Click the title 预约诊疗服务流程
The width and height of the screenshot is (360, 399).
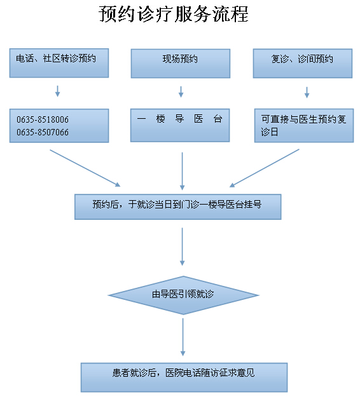pyautogui.click(x=174, y=14)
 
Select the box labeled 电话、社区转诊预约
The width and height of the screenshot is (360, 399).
pyautogui.click(x=59, y=63)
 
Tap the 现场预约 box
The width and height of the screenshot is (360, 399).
pyautogui.click(x=181, y=64)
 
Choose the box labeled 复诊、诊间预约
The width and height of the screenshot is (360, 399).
pyautogui.click(x=303, y=64)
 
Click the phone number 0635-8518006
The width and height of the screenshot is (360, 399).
pyautogui.click(x=43, y=119)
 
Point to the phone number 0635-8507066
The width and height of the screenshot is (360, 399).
pyautogui.click(x=43, y=132)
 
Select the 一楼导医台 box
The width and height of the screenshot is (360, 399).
pyautogui.click(x=180, y=125)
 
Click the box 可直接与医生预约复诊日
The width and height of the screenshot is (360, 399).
pyautogui.click(x=304, y=125)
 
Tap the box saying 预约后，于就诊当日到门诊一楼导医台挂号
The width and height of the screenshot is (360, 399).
pyautogui.click(x=178, y=207)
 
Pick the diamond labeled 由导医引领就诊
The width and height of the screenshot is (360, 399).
pyautogui.click(x=183, y=295)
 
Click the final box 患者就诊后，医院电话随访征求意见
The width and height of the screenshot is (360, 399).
pyautogui.click(x=184, y=377)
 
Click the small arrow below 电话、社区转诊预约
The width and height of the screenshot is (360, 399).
pyautogui.click(x=58, y=91)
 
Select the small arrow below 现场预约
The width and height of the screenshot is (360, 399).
pyautogui.click(x=181, y=91)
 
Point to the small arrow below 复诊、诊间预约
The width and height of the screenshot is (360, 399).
pyautogui.click(x=307, y=92)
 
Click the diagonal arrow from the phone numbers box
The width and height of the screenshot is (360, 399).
pyautogui.click(x=85, y=168)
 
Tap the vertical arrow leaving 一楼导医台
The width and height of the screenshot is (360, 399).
pyautogui.click(x=182, y=172)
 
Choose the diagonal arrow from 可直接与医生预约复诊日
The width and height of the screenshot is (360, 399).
pyautogui.click(x=264, y=168)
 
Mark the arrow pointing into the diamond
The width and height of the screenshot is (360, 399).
pyautogui.click(x=182, y=247)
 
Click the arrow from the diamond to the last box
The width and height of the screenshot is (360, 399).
pyautogui.click(x=183, y=337)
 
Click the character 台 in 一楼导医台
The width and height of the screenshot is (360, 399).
pyautogui.click(x=218, y=119)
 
